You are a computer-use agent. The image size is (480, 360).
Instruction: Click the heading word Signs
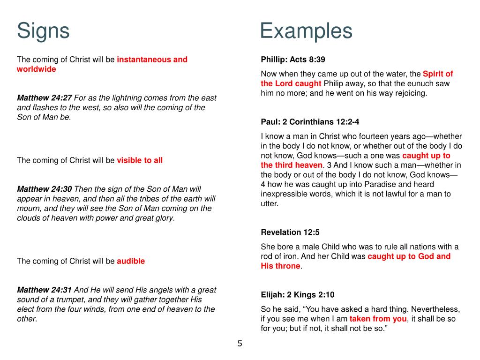pyautogui.click(x=43, y=31)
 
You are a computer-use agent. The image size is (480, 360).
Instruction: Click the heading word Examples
pyautogui.click(x=306, y=31)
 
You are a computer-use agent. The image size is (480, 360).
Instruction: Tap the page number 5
pyautogui.click(x=240, y=344)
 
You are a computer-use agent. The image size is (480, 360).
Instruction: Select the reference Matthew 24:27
pyautogui.click(x=45, y=98)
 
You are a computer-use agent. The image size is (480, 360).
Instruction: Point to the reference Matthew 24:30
pyautogui.click(x=45, y=189)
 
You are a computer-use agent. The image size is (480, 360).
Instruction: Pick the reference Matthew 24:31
pyautogui.click(x=45, y=290)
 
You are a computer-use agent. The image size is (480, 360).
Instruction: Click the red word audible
pyautogui.click(x=131, y=261)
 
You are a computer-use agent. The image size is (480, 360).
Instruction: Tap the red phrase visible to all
pyautogui.click(x=140, y=160)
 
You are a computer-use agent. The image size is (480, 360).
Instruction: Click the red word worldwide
pyautogui.click(x=36, y=69)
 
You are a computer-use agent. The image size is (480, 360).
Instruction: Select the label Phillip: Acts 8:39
pyautogui.click(x=293, y=60)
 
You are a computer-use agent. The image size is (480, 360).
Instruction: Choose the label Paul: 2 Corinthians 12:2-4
pyautogui.click(x=310, y=122)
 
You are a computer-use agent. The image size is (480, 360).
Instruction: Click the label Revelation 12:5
pyautogui.click(x=290, y=232)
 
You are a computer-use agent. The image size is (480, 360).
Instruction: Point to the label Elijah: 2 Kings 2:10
pyautogui.click(x=298, y=295)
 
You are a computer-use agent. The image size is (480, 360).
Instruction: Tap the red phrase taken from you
pyautogui.click(x=378, y=319)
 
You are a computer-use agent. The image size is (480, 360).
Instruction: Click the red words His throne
pyautogui.click(x=280, y=266)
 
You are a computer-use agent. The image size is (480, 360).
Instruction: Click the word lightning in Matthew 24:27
pyautogui.click(x=126, y=98)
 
